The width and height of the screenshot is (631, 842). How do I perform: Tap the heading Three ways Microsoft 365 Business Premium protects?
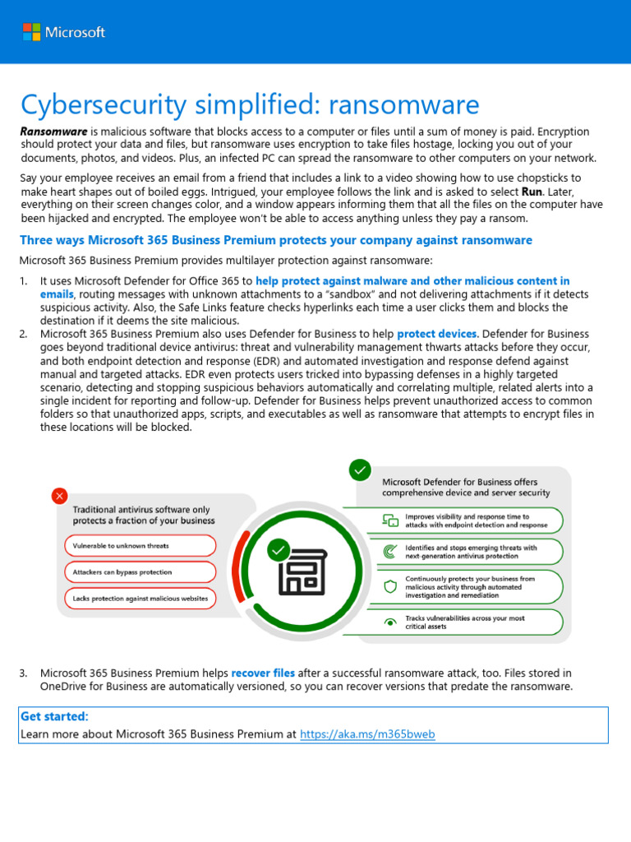[x=276, y=240]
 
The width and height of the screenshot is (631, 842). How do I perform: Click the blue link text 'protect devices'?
[x=436, y=334]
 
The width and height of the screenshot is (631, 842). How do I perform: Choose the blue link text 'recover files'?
[x=263, y=673]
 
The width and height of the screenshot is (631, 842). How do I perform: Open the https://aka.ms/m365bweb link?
[x=367, y=733]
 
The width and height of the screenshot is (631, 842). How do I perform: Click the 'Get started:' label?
[x=54, y=717]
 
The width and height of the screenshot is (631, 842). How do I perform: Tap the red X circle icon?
[x=59, y=496]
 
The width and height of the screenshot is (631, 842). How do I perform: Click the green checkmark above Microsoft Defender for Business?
[x=360, y=470]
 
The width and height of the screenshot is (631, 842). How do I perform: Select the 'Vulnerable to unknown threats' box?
[x=140, y=546]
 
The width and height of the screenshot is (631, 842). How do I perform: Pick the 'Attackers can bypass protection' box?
[x=140, y=572]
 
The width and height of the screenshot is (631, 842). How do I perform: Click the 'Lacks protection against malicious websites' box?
[x=140, y=599]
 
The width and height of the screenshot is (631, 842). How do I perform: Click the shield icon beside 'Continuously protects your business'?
[x=390, y=586]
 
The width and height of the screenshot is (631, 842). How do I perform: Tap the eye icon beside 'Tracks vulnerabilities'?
[x=390, y=622]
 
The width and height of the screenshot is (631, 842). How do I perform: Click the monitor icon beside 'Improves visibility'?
[x=390, y=520]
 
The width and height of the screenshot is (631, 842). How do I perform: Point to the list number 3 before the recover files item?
[x=23, y=673]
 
